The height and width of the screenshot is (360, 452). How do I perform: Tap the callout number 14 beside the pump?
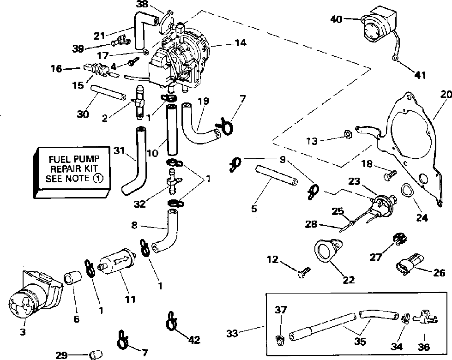(240, 43)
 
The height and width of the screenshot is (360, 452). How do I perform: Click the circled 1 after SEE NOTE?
(97, 178)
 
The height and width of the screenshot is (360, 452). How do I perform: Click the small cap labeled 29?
(96, 355)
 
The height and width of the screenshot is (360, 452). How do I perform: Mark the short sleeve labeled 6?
(72, 280)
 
